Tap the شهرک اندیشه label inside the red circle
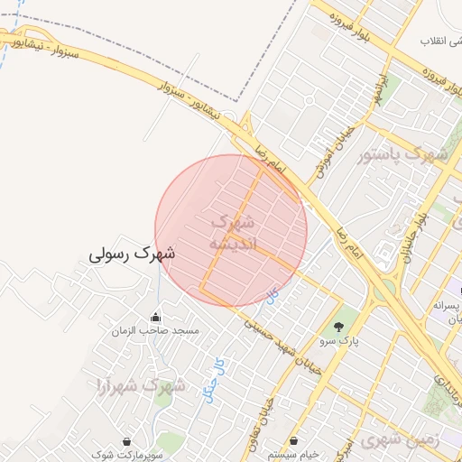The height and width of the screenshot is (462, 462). [x=234, y=233]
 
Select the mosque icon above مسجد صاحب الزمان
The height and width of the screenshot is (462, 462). [x=155, y=318]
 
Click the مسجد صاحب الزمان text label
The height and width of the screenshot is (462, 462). [x=154, y=332]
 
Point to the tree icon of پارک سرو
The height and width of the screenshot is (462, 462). [x=338, y=327]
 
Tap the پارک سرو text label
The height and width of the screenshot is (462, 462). [x=339, y=342]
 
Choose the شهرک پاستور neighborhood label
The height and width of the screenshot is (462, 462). [x=403, y=154]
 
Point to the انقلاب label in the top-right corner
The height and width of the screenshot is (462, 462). [x=441, y=42]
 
